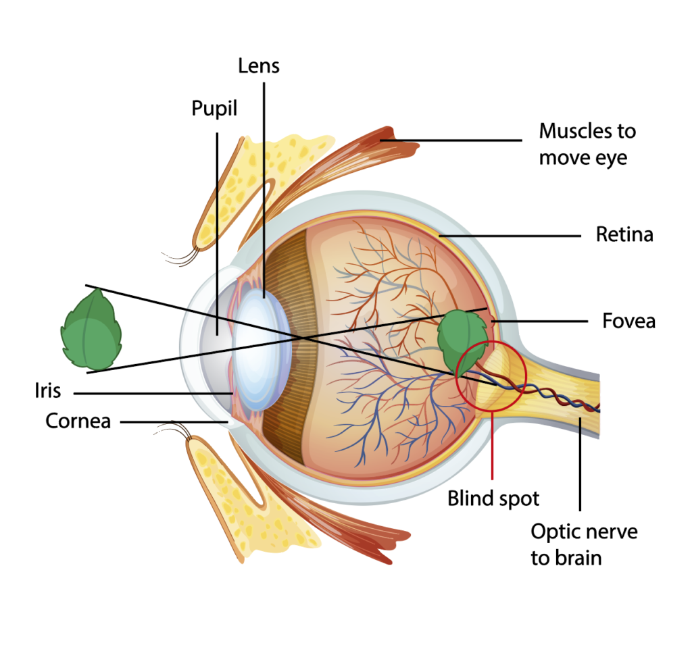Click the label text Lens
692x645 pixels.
[259, 66]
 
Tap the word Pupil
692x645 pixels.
[214, 109]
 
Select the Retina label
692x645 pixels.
[624, 234]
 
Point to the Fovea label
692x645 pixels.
[629, 321]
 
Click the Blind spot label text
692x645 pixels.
[493, 498]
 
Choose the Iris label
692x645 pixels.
[48, 390]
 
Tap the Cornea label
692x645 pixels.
[78, 421]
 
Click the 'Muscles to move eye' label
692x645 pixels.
[587, 145]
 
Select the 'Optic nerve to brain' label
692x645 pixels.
[584, 544]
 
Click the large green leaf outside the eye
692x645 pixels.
[91, 330]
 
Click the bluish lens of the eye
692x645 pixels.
[262, 350]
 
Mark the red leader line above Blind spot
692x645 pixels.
[492, 445]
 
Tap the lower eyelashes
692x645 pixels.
[174, 430]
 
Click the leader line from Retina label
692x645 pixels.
[510, 236]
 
